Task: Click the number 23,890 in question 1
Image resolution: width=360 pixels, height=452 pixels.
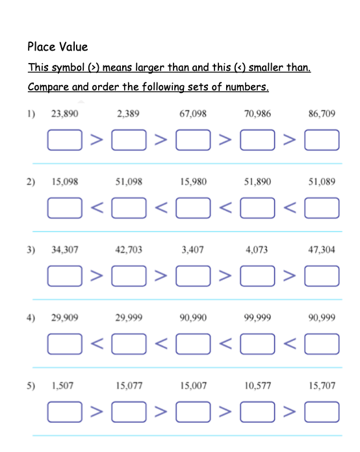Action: pos(64,114)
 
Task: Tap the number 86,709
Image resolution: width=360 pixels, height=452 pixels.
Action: pos(322,114)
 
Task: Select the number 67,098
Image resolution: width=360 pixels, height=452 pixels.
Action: pos(193,114)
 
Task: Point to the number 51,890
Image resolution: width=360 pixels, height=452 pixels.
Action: pos(258,182)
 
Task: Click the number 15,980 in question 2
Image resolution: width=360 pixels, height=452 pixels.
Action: pos(193,182)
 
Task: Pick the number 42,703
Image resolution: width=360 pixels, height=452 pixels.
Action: pos(129,249)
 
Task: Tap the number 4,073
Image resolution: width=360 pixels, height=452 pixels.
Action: pos(257,249)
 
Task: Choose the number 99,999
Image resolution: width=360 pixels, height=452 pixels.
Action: pos(258,318)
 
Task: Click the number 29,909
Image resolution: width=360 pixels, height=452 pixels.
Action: pos(64,318)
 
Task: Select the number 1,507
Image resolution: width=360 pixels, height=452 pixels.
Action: pos(62,386)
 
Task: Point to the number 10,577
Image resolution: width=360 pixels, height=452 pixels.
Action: pos(258,386)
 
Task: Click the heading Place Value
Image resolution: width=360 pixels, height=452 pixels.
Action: pos(57,47)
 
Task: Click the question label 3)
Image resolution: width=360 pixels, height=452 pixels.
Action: pos(31,249)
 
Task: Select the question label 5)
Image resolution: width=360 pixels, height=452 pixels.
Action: pos(31,386)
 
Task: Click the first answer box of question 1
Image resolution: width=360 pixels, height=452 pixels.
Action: pos(64,140)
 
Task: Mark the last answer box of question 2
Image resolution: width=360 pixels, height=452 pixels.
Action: pos(322,208)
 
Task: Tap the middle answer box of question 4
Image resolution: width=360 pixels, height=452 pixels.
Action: pos(193,344)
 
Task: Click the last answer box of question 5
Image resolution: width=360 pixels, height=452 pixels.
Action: pos(322,412)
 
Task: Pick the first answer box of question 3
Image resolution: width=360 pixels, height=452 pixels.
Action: pos(64,275)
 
